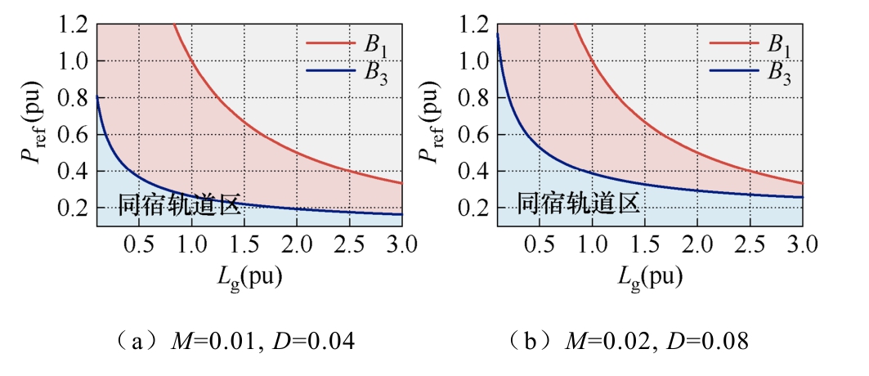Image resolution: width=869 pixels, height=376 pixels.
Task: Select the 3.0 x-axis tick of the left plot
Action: [402, 244]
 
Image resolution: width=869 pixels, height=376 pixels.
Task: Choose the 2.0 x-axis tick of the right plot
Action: [697, 244]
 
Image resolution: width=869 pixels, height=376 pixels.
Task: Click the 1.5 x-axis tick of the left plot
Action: [244, 244]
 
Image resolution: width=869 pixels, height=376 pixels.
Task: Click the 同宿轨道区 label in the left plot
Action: [180, 205]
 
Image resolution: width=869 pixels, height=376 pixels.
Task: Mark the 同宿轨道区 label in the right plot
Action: [579, 204]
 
